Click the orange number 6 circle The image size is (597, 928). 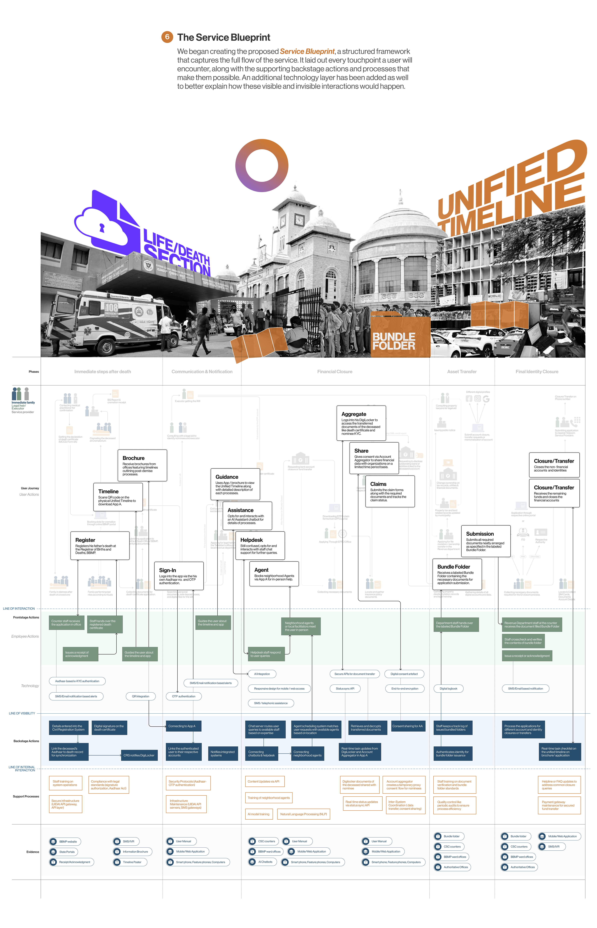[167, 37]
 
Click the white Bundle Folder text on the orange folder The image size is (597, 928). [393, 341]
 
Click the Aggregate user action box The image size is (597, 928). [361, 423]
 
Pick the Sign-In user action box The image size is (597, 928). [179, 575]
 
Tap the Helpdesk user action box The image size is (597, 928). [260, 545]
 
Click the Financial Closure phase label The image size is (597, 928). [335, 372]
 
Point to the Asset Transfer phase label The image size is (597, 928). [462, 372]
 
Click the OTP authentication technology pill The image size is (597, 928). [184, 696]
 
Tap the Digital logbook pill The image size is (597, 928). [449, 688]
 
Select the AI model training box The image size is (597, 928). [259, 814]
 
